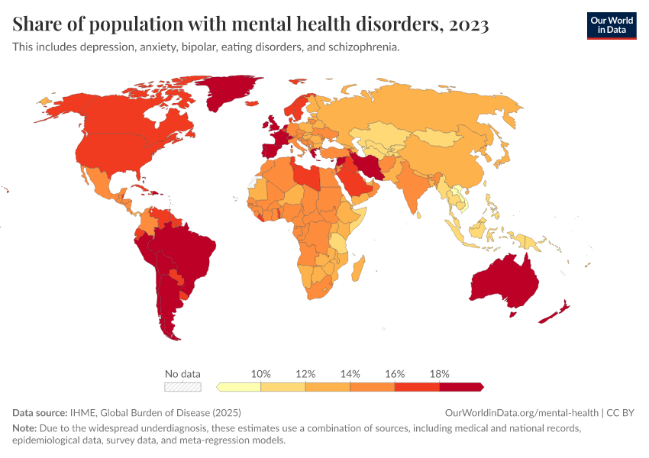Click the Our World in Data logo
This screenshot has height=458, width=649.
click(611, 25)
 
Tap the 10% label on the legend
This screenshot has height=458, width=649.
click(261, 374)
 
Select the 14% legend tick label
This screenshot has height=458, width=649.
click(350, 374)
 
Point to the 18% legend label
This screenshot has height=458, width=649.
click(440, 374)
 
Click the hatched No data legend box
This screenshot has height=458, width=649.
click(183, 387)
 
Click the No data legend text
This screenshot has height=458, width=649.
click(183, 374)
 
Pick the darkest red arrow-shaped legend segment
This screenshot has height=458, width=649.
click(461, 387)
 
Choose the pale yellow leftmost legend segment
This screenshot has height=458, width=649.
click(239, 387)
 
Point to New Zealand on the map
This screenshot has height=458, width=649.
click(555, 313)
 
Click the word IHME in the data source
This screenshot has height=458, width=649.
click(84, 412)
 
